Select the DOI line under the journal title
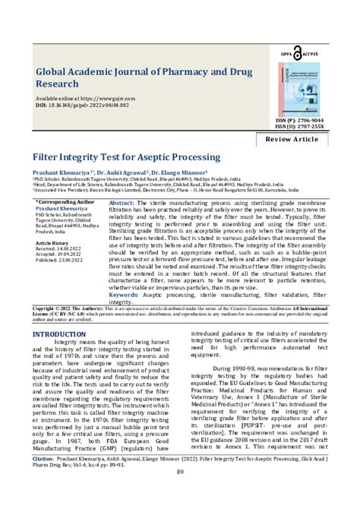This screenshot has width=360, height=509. click(x=84, y=106)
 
